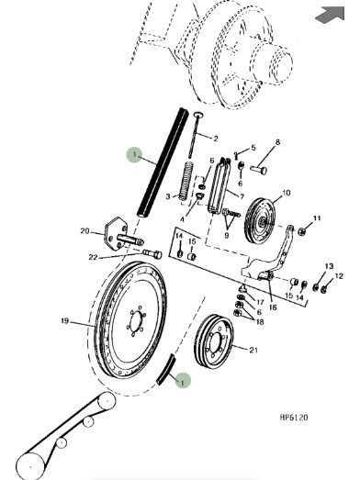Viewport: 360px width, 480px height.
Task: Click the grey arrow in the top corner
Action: point(331,15)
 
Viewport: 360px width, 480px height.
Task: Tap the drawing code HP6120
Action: point(294,418)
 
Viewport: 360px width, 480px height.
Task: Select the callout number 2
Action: point(216,139)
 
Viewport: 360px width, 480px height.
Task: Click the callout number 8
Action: point(277,142)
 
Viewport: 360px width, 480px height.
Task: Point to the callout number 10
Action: point(286,193)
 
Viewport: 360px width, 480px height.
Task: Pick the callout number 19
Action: point(64,321)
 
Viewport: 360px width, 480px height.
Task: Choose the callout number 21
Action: point(253,350)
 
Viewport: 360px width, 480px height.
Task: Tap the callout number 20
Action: point(84,230)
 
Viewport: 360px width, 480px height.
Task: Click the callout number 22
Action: point(93,257)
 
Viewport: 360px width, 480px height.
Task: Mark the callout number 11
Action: point(317,218)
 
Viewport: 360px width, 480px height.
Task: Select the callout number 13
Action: point(329,266)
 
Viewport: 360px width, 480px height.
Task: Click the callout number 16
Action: point(273,307)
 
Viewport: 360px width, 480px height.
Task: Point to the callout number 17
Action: point(260,302)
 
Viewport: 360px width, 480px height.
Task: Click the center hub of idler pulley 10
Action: point(263,221)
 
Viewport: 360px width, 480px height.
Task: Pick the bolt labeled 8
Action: point(258,169)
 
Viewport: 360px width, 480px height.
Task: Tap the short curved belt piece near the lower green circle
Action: point(165,370)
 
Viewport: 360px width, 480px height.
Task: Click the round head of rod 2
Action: point(198,115)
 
